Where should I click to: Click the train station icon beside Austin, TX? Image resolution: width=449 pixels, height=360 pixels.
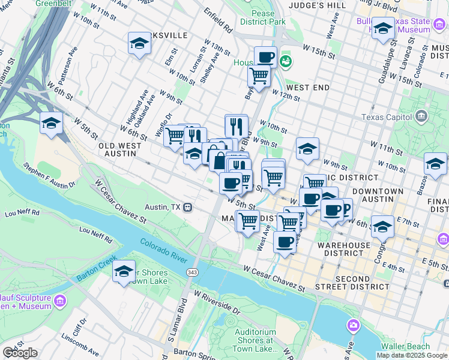[188, 206]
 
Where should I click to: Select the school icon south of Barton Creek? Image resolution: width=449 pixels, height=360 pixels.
[124, 271]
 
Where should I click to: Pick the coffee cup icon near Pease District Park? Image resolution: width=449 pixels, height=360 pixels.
[265, 58]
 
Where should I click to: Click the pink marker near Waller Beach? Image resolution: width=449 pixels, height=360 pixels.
[354, 325]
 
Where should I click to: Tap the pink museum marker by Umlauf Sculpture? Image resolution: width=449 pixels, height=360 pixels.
[59, 299]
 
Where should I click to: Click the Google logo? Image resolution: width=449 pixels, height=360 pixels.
[20, 353]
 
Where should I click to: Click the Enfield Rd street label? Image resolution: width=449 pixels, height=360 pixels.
[217, 20]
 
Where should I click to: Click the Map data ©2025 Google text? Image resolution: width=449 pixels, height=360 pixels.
[412, 355]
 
